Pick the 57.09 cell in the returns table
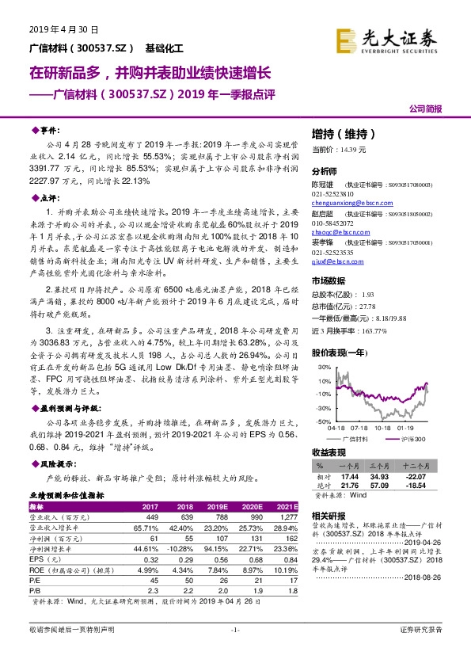pos(383,486)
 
